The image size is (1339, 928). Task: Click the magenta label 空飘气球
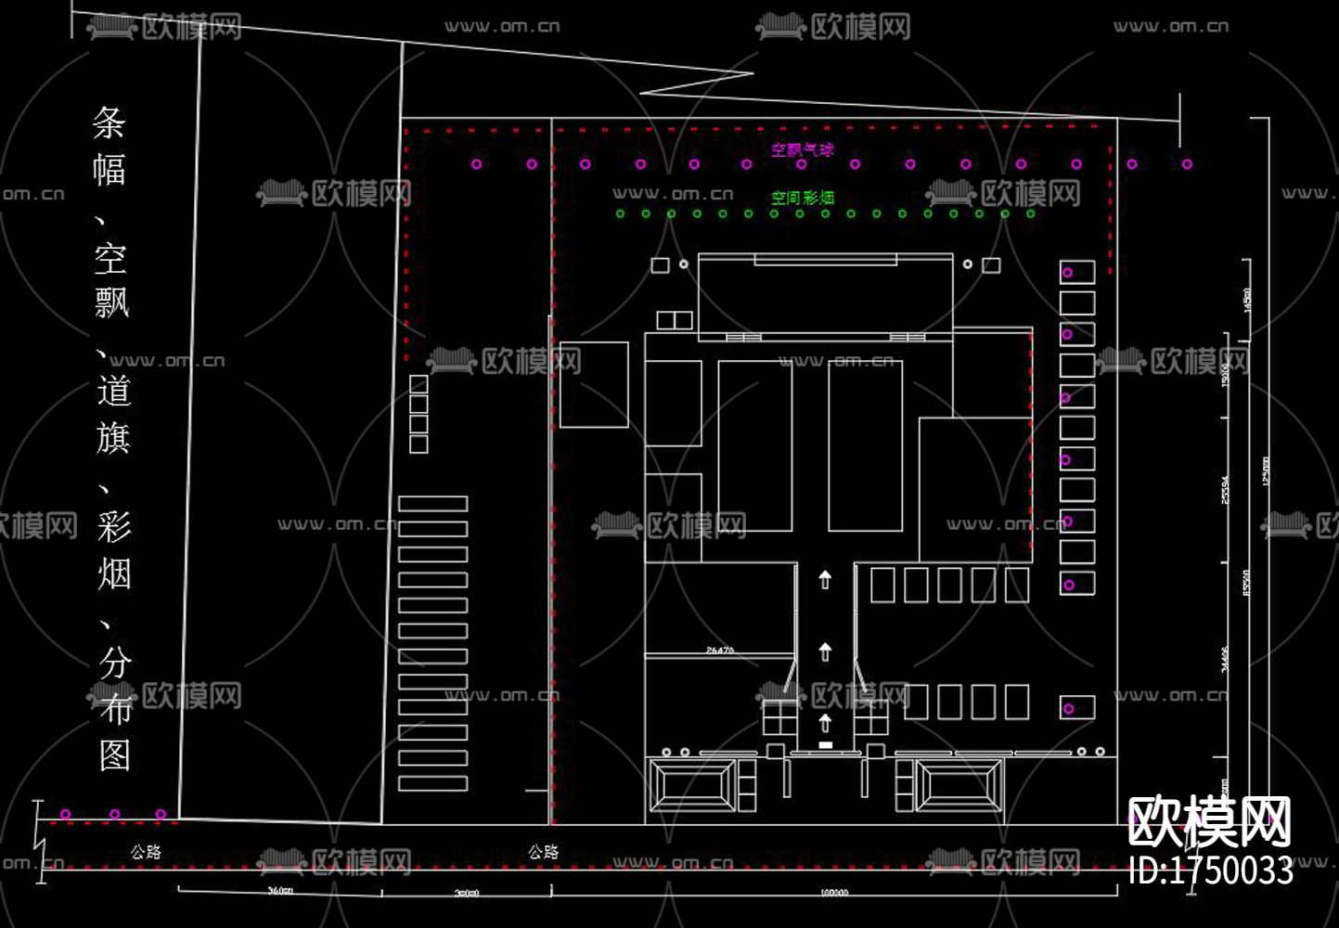(x=803, y=149)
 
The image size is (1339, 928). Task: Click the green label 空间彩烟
(x=803, y=198)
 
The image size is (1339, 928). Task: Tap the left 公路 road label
(x=146, y=852)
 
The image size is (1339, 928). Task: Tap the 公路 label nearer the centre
(x=544, y=852)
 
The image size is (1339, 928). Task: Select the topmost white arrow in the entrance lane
(x=825, y=580)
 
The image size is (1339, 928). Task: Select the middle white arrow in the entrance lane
(x=825, y=651)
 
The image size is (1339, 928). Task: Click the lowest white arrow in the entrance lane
(x=825, y=722)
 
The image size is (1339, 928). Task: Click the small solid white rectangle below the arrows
(x=825, y=744)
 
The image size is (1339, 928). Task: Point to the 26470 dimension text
(x=720, y=651)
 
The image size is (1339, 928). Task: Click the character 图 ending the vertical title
(x=114, y=754)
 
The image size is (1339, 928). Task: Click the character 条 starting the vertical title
(x=109, y=122)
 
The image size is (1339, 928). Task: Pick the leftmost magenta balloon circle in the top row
(x=476, y=164)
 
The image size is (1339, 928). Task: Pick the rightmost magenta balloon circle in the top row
(x=1187, y=164)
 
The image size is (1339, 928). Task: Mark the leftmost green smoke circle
(x=621, y=214)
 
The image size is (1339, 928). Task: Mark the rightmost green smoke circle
(x=1031, y=214)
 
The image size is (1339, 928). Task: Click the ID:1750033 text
(x=1211, y=870)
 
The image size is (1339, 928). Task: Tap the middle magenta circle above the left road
(x=114, y=814)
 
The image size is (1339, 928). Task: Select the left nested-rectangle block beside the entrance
(x=692, y=785)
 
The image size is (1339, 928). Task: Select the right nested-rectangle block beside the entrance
(x=959, y=785)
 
